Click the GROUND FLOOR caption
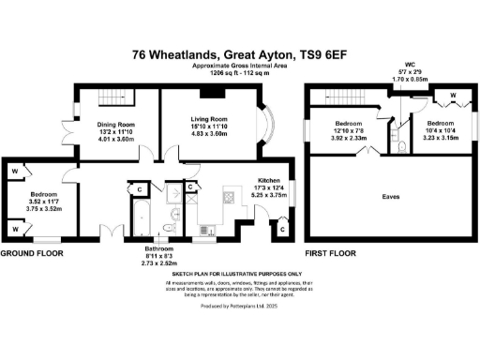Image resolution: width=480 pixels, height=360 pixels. click(x=32, y=254)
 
